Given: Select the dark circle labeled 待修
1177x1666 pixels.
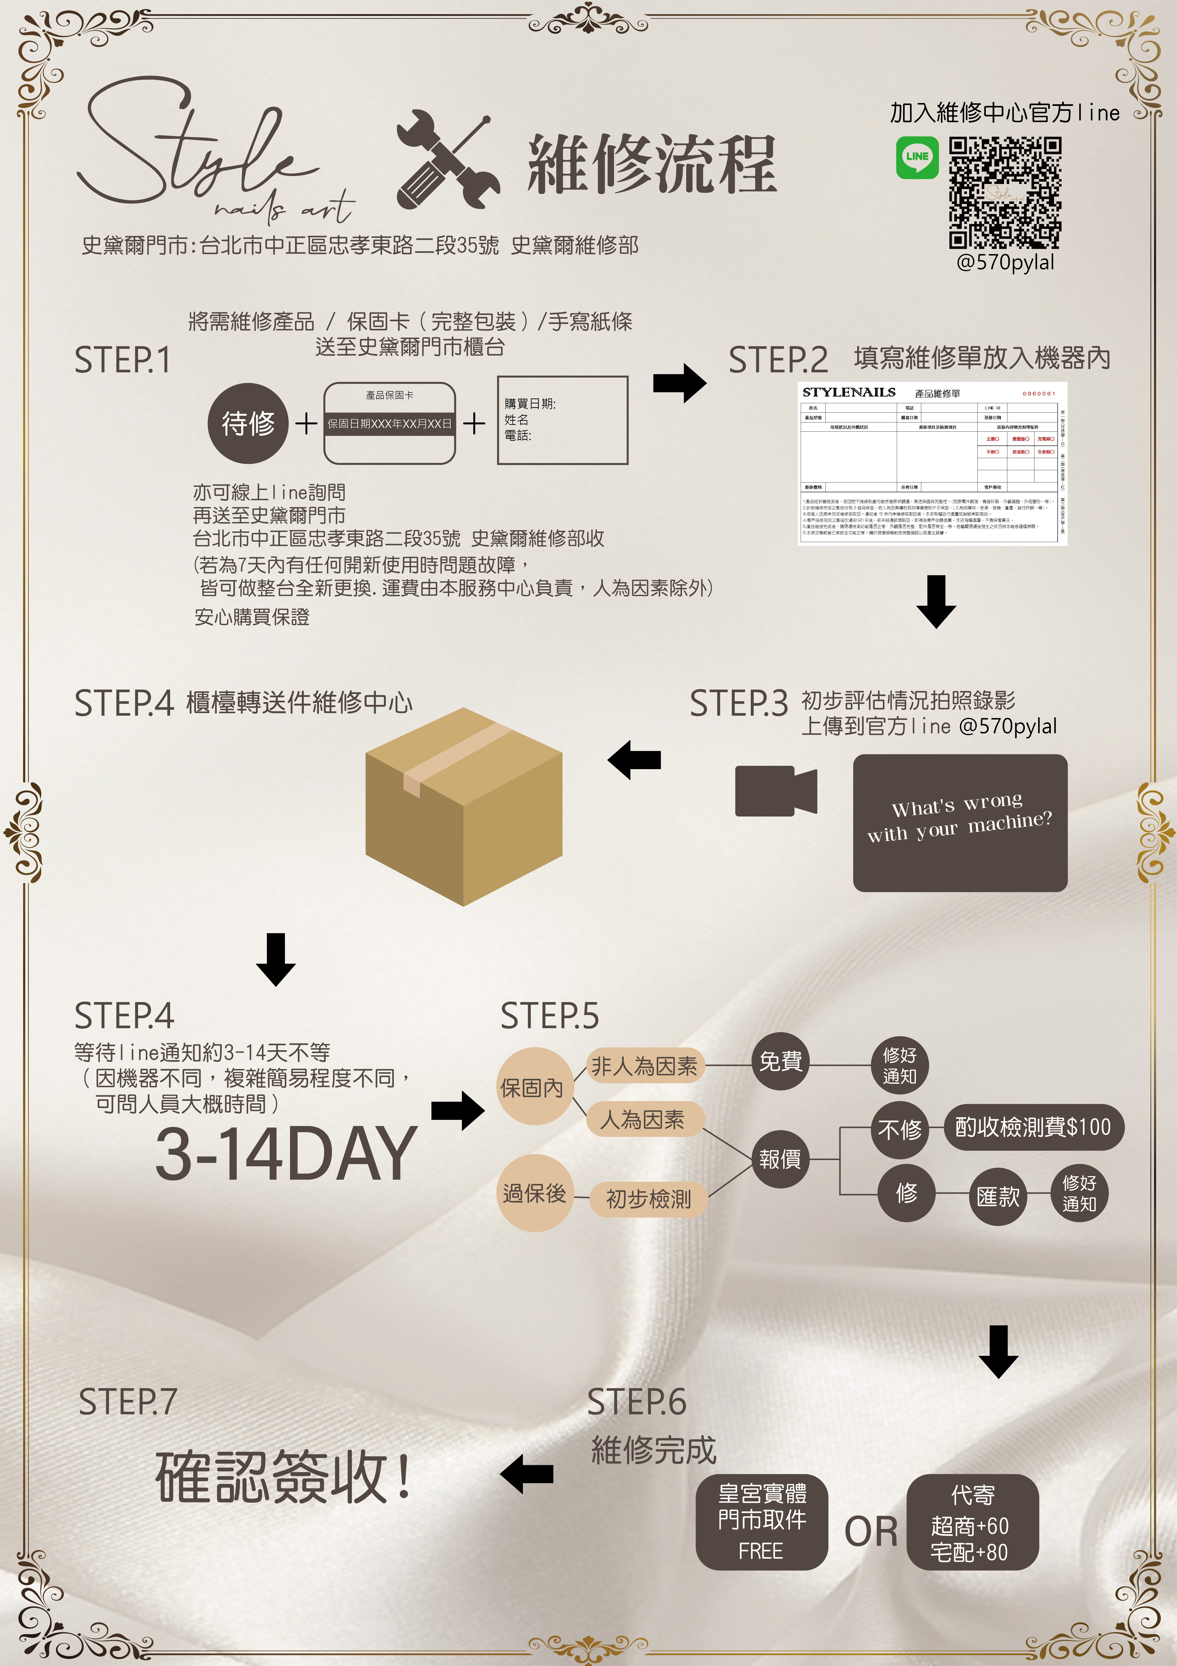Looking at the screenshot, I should click(x=248, y=423).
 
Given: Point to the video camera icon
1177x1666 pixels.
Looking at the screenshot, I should click(x=775, y=791).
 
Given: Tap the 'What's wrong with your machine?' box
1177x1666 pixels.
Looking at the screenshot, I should click(x=959, y=823).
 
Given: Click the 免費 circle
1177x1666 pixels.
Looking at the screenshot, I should click(x=780, y=1062).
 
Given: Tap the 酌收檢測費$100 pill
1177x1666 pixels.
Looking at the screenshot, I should click(x=1033, y=1127).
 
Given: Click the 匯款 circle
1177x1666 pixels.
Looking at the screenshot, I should click(x=998, y=1197).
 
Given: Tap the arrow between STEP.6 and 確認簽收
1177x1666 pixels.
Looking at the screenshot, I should click(x=527, y=1474).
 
